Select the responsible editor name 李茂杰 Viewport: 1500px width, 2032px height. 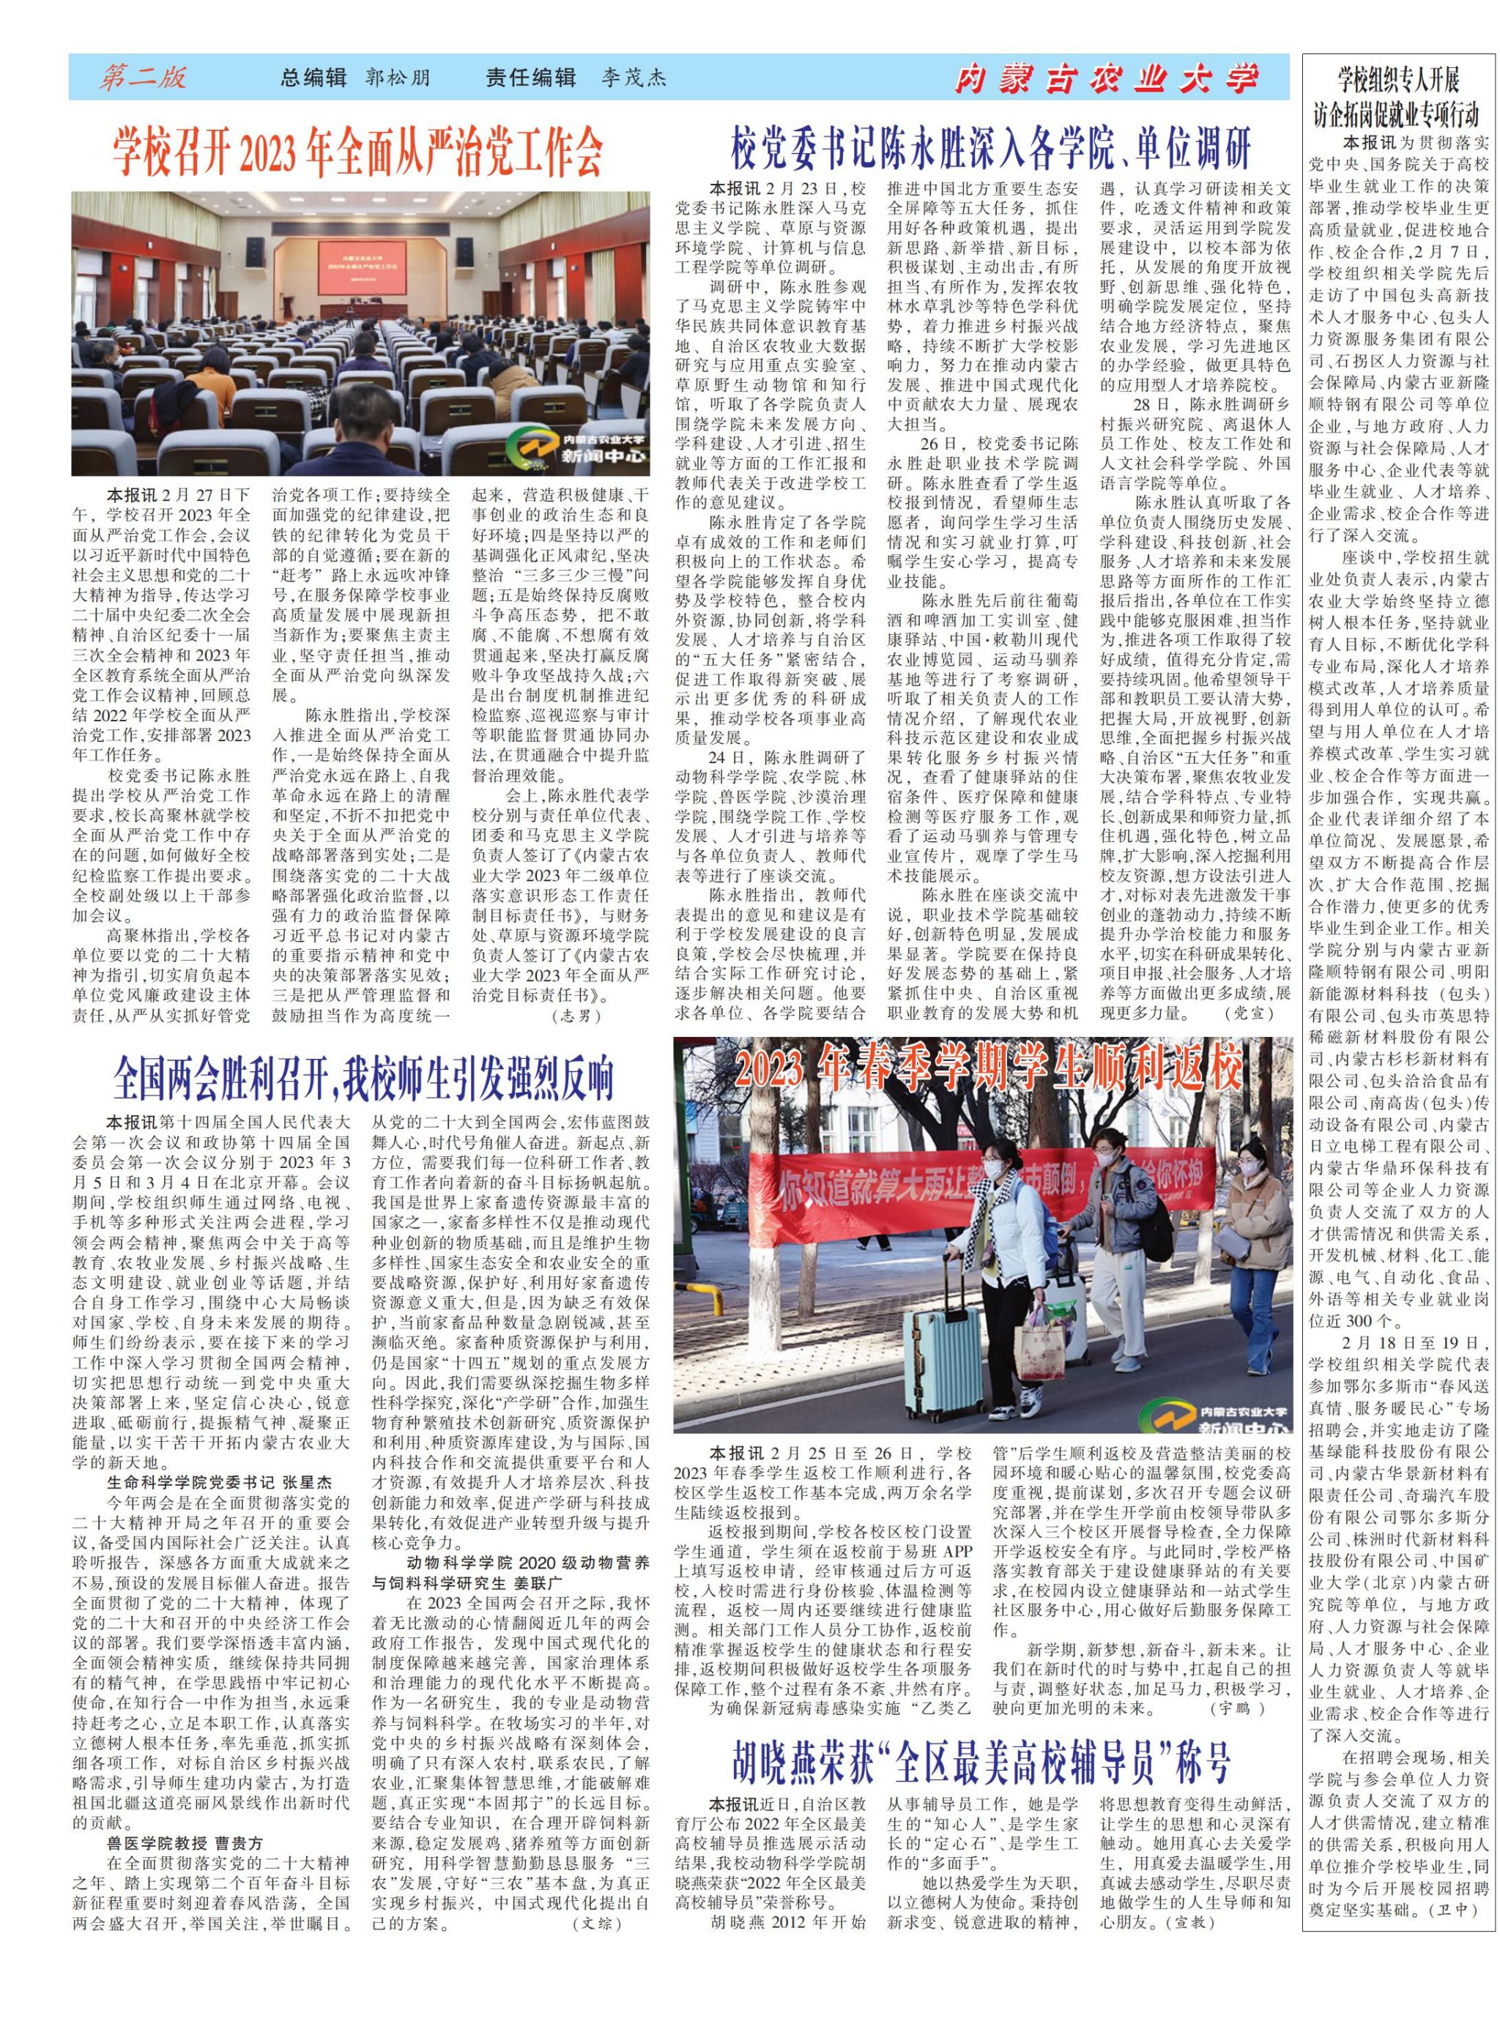[633, 78]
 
